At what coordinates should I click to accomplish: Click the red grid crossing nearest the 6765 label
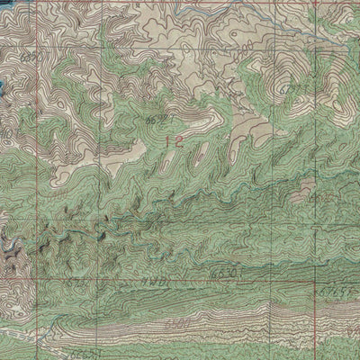(311, 280)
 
